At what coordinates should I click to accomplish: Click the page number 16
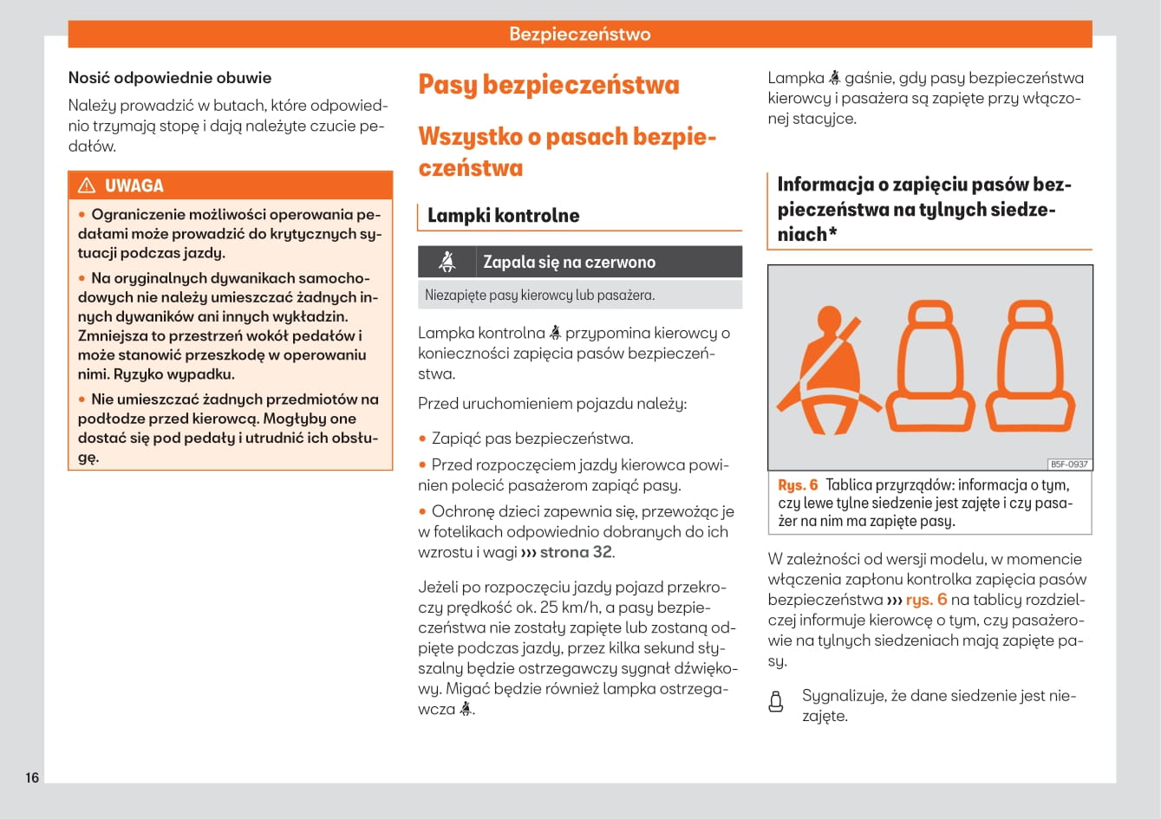(32, 777)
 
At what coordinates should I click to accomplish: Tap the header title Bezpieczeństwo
(579, 35)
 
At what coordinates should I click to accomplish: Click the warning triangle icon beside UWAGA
(87, 185)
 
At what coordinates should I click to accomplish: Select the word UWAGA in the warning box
(134, 185)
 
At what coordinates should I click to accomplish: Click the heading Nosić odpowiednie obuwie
(170, 78)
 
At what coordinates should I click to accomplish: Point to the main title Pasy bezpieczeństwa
(548, 85)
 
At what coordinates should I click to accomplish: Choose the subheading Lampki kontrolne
(503, 216)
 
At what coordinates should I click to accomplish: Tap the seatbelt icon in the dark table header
(447, 262)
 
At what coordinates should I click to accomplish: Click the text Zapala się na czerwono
(569, 262)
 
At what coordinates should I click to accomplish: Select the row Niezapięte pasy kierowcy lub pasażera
(539, 295)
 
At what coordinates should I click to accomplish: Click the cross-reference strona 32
(576, 552)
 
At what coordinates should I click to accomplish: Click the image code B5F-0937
(1069, 464)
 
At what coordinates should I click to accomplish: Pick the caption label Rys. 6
(798, 485)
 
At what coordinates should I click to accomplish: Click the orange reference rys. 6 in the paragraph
(926, 600)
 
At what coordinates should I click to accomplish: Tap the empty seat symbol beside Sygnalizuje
(776, 702)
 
